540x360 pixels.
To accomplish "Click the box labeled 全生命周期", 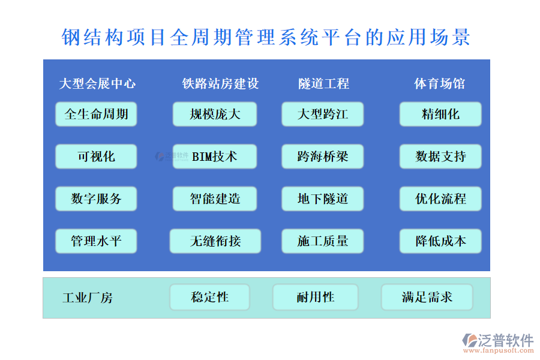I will click(x=96, y=114).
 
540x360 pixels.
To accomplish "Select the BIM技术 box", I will click(x=215, y=157).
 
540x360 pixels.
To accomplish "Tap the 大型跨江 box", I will click(x=323, y=114).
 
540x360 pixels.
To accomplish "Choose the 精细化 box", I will click(x=440, y=114).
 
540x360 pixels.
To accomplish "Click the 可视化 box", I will click(x=96, y=157).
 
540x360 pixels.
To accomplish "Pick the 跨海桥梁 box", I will click(x=323, y=157).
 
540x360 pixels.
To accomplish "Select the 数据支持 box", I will click(x=440, y=157).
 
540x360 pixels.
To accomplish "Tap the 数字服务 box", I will click(x=96, y=199).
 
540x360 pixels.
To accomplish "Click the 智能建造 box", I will click(x=215, y=199).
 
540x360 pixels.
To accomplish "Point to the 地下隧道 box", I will click(x=323, y=199).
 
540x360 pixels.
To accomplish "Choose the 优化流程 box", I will click(x=440, y=199).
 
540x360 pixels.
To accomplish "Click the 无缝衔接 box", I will click(x=215, y=241).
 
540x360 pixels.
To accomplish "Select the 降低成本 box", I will click(x=440, y=241).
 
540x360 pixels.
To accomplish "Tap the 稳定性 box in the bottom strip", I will click(x=209, y=297).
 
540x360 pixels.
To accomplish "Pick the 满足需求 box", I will click(x=427, y=297).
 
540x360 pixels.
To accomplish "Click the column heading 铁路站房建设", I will click(x=220, y=84).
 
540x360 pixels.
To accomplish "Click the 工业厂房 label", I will click(x=87, y=298).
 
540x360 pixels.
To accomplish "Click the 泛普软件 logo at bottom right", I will click(x=497, y=343).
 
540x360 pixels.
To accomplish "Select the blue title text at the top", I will click(x=266, y=37).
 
